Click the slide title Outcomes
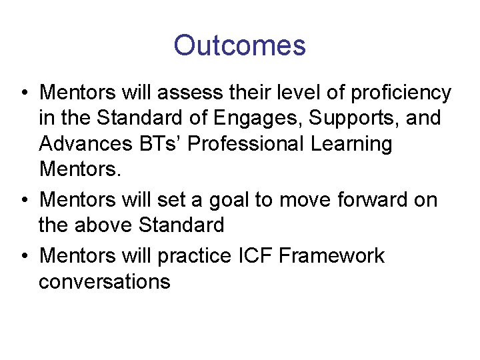coord(239,46)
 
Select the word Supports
coord(345,119)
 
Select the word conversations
coord(105,281)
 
